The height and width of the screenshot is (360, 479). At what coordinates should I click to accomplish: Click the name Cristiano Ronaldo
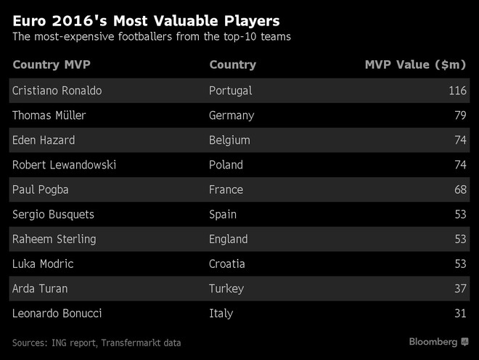(x=57, y=91)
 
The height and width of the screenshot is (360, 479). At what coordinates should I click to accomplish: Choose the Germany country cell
(x=232, y=115)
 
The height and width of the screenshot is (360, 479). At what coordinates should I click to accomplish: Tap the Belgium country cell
(x=229, y=140)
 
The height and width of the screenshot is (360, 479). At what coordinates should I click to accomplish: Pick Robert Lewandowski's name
(x=65, y=165)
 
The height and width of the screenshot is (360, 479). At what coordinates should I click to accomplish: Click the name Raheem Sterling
(x=54, y=239)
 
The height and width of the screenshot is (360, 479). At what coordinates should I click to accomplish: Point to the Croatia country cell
(x=227, y=263)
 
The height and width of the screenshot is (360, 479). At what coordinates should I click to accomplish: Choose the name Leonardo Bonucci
(x=56, y=313)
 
